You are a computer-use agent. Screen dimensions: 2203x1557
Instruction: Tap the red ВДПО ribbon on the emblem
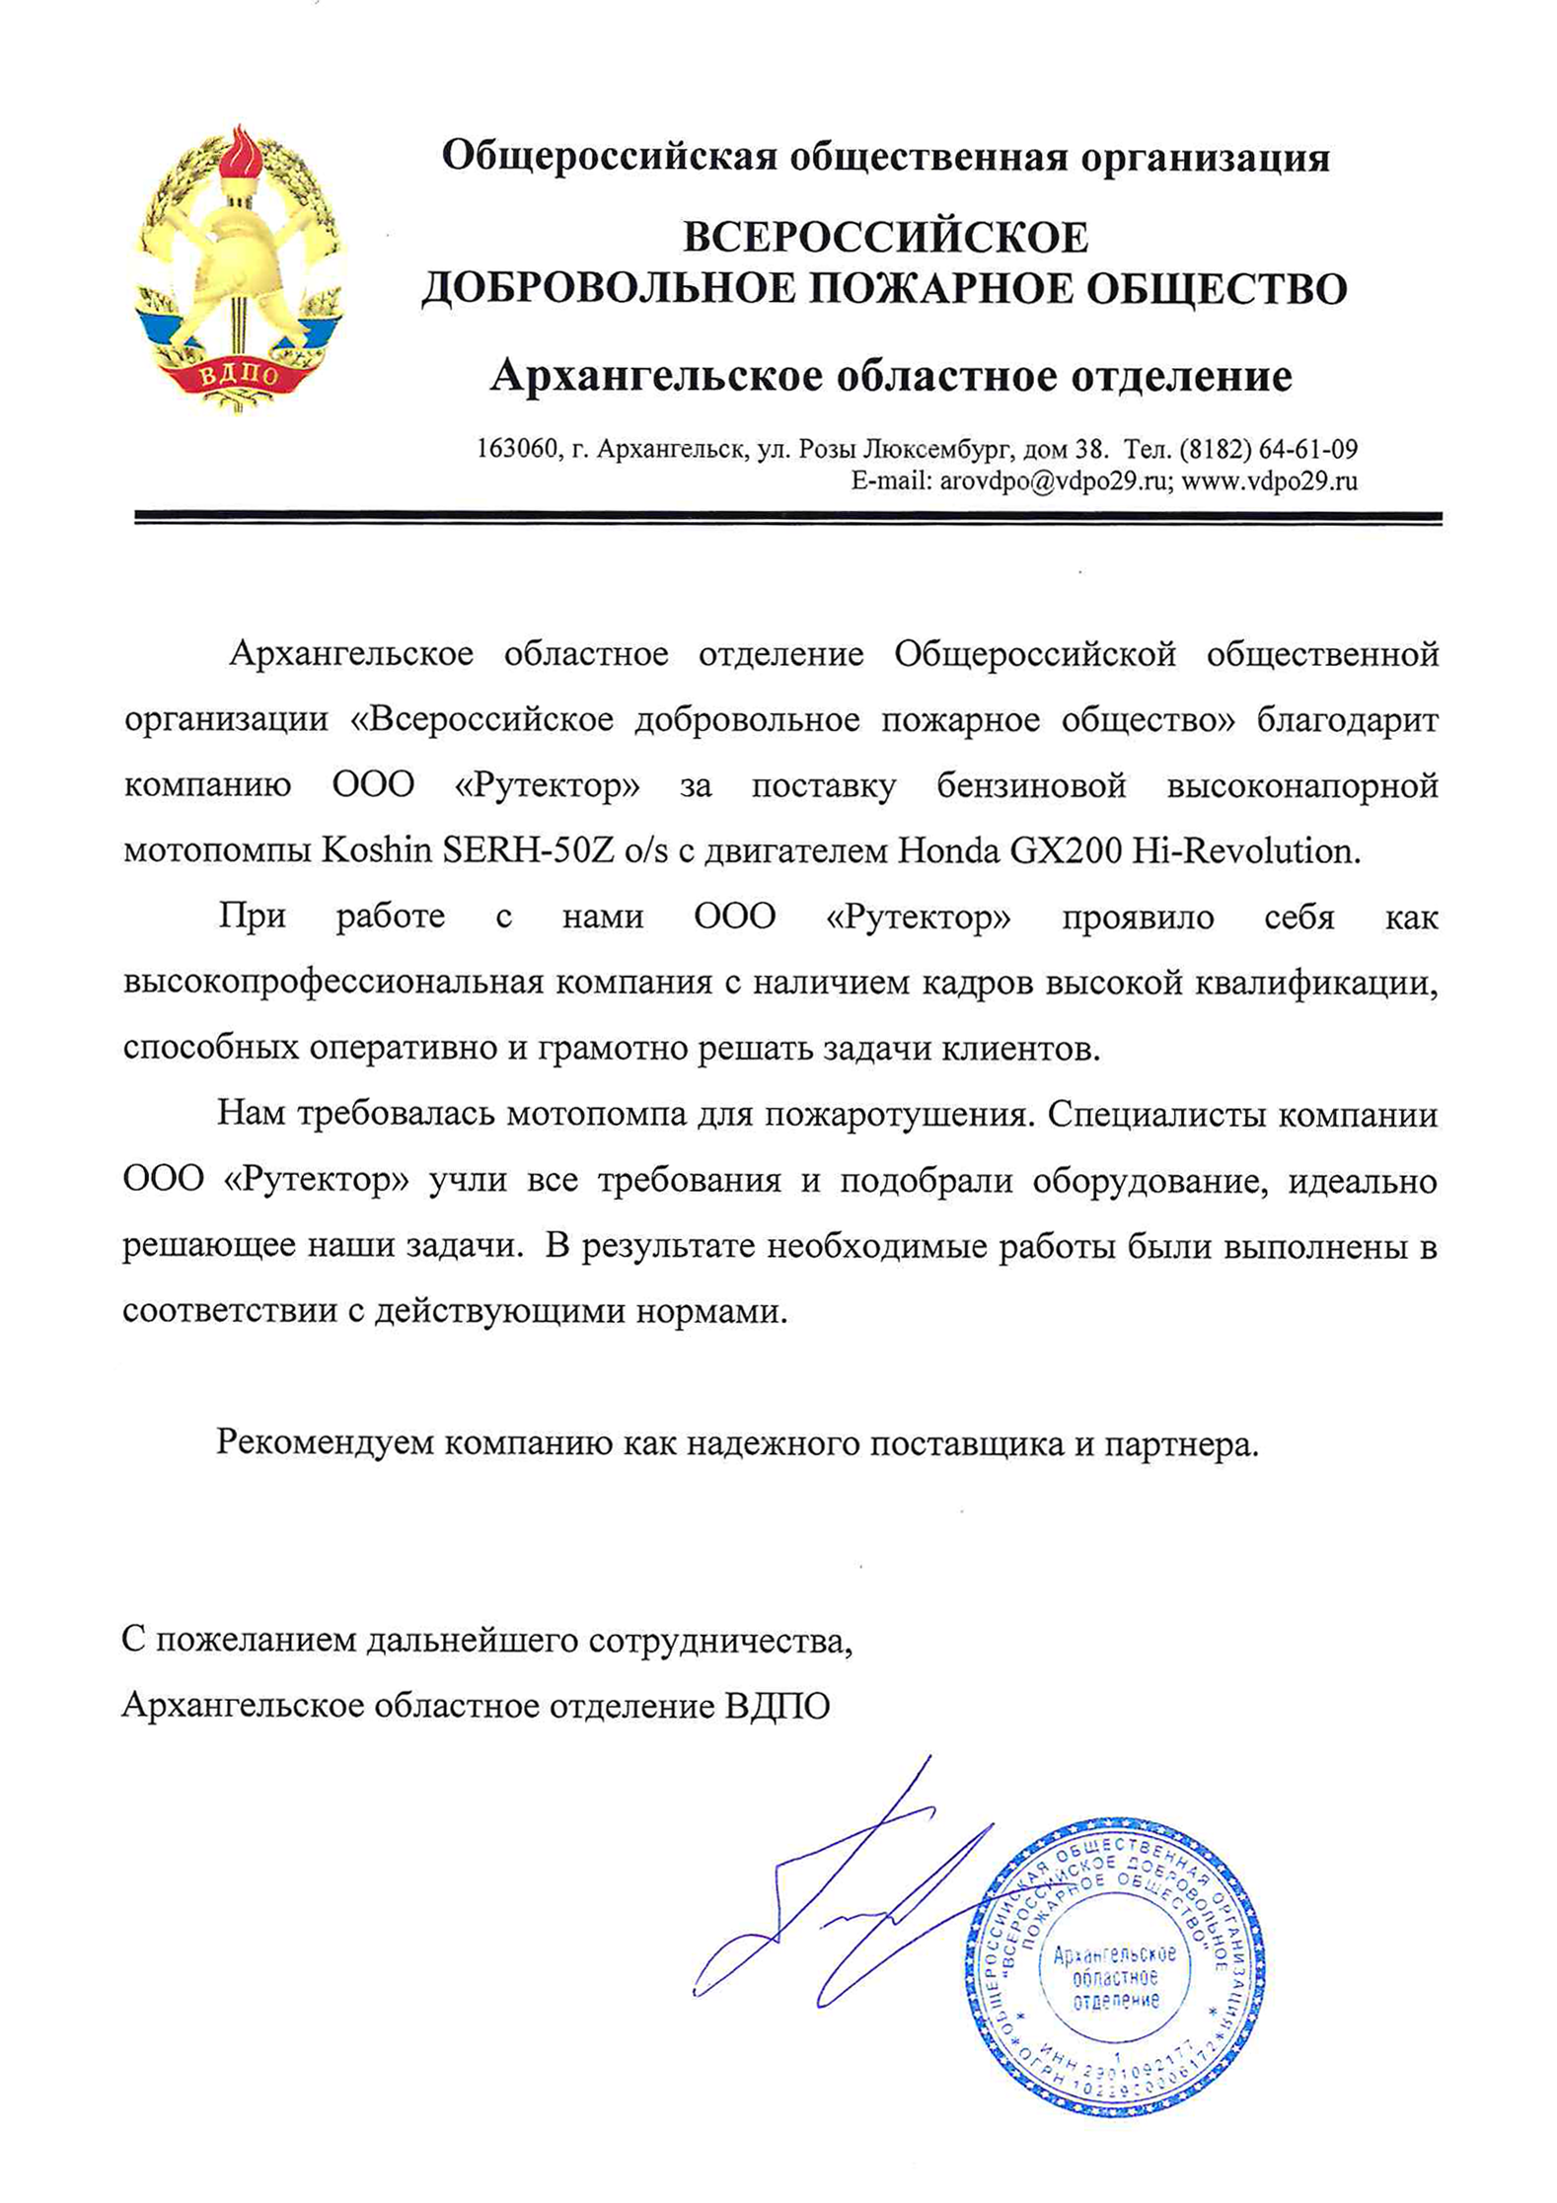240,375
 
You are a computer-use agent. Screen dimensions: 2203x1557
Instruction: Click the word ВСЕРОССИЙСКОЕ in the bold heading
885,238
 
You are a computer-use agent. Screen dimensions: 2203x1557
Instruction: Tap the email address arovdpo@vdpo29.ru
1055,481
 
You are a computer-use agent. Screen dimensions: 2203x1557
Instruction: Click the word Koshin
377,850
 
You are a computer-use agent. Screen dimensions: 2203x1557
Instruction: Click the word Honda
948,850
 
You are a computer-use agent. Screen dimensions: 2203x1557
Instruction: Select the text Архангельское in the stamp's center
1115,1955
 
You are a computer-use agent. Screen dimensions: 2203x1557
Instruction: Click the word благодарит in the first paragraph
1347,720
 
